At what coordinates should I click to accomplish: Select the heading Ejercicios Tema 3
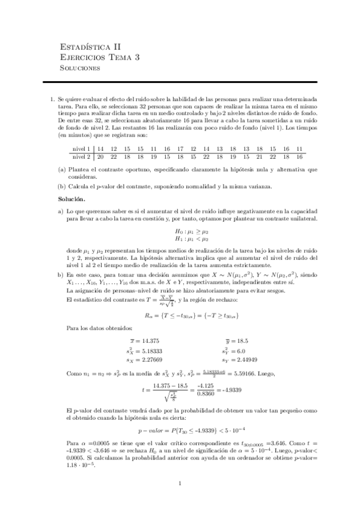pos(101,58)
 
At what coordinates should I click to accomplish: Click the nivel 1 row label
pos(81,149)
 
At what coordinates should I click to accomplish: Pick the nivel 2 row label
pos(81,156)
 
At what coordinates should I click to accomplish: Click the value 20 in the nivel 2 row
pos(100,156)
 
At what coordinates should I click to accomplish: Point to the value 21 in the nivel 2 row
pos(260,156)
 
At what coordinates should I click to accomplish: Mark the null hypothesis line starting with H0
pos(192,231)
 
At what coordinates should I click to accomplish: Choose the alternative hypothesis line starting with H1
pos(192,238)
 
